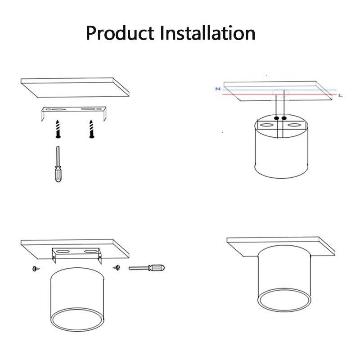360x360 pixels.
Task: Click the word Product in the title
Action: click(120, 33)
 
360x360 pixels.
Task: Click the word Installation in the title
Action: click(207, 33)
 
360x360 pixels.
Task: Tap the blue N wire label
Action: click(218, 89)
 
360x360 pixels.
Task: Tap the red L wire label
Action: click(341, 95)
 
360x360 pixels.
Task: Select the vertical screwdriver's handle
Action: click(58, 174)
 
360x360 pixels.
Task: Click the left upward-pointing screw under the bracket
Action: click(58, 129)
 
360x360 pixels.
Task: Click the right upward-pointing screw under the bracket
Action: click(92, 129)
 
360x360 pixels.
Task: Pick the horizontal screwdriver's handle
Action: click(157, 267)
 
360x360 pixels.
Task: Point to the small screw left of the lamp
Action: click(36, 268)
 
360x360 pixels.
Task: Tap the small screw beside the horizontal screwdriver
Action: click(117, 267)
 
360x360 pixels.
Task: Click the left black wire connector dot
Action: click(276, 118)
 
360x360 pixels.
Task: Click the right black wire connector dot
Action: click(284, 118)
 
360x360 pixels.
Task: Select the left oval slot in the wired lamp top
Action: click(266, 125)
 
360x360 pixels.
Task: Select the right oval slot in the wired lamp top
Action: click(295, 125)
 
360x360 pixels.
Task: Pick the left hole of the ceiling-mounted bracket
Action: click(63, 252)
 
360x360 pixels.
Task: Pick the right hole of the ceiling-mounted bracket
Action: click(90, 252)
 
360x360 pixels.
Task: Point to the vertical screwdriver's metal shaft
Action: click(58, 156)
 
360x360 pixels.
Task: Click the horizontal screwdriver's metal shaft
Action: click(139, 268)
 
